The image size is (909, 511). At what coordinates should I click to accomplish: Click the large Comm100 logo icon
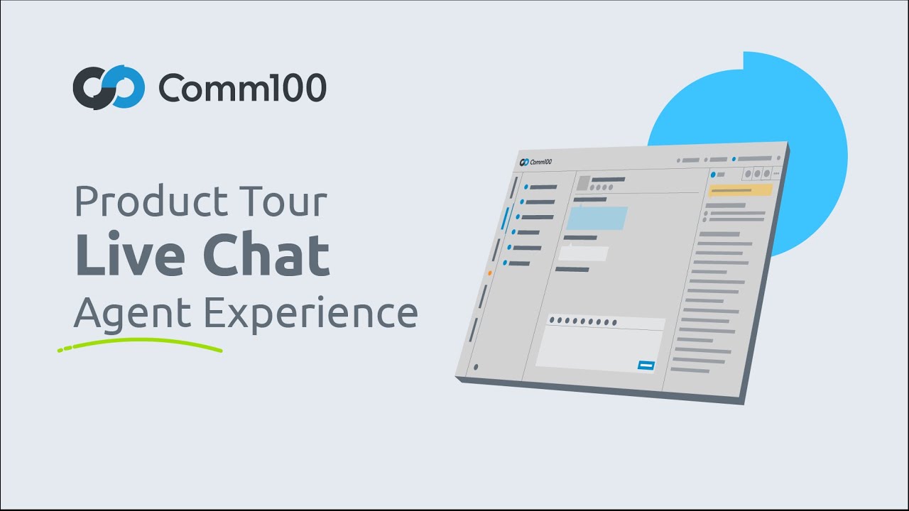[x=109, y=87]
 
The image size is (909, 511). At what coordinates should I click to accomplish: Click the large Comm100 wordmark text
[x=242, y=88]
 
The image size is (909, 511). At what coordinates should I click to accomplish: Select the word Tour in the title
[x=292, y=202]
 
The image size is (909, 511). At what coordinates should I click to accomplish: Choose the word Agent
[x=133, y=312]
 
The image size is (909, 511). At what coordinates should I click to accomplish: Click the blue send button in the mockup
[x=646, y=366]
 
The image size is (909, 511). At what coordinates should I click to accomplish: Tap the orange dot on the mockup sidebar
[x=489, y=273]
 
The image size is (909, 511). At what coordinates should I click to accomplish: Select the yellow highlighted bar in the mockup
[x=740, y=190]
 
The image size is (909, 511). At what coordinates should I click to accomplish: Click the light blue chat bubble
[x=597, y=219]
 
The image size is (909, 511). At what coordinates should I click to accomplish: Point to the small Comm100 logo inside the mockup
[x=536, y=162]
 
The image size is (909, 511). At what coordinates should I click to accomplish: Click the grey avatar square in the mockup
[x=583, y=183]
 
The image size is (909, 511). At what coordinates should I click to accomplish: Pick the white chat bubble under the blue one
[x=583, y=253]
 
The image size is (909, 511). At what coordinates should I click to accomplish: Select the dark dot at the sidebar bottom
[x=475, y=367]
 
